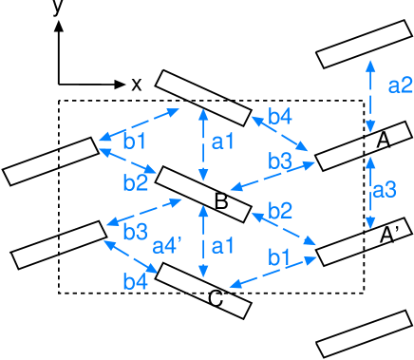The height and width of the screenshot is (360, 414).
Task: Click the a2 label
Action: point(400,85)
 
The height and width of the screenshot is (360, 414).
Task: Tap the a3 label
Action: point(384,190)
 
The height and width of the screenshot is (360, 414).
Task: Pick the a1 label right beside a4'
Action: point(222,247)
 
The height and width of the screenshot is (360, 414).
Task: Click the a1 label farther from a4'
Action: point(222,142)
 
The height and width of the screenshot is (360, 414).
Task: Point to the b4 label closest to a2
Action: point(280,117)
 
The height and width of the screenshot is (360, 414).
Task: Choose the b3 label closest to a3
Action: point(280,161)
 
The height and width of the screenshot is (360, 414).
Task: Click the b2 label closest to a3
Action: point(280,210)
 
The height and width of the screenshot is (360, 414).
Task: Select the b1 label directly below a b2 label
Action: point(278,256)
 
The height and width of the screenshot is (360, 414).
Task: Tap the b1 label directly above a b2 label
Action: point(135,142)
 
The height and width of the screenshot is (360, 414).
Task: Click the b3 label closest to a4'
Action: point(135,232)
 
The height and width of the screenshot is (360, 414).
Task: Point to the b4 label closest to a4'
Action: point(135,281)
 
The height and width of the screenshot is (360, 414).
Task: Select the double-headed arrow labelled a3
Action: point(370,193)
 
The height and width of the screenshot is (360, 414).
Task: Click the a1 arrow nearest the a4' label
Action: point(202,241)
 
